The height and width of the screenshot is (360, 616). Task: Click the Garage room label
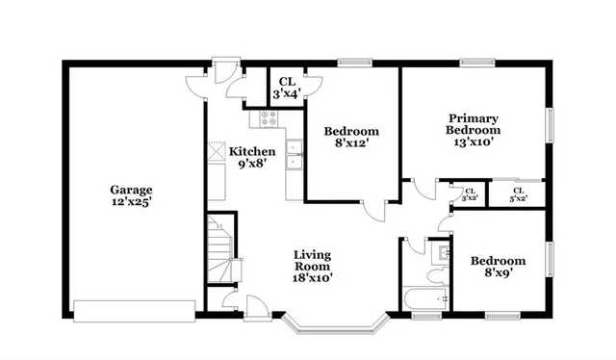click(131, 196)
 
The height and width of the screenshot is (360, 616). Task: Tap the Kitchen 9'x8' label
click(252, 158)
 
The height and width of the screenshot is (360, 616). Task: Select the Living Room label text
click(313, 267)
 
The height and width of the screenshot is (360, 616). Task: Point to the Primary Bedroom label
click(473, 130)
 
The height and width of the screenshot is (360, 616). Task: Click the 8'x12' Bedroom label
click(350, 138)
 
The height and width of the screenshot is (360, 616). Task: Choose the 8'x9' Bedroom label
click(498, 267)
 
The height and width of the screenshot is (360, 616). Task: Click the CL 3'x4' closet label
click(286, 89)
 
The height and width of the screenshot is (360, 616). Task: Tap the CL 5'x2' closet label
click(518, 194)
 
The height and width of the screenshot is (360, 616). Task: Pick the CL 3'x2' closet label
click(471, 194)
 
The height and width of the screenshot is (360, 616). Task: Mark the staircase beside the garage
click(221, 249)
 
